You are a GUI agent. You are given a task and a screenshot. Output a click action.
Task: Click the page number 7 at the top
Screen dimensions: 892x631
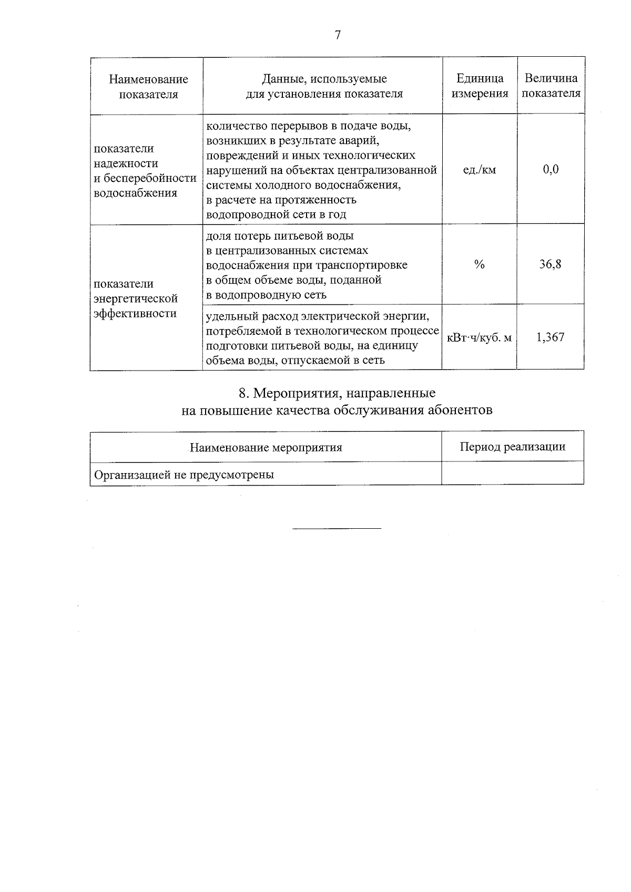[337, 35]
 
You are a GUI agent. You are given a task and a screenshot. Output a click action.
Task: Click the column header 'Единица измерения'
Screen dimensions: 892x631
[480, 86]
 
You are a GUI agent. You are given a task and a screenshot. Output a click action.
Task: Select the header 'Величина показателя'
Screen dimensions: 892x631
[551, 86]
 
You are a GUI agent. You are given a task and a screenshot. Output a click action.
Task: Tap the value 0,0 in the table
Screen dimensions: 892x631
[551, 169]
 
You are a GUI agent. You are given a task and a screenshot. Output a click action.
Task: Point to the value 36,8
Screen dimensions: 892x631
[550, 264]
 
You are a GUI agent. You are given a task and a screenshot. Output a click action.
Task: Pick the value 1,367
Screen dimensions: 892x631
[550, 337]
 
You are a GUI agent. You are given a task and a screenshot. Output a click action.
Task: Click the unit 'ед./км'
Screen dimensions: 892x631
[479, 170]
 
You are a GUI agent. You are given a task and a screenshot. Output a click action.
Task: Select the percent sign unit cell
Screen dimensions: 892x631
[479, 264]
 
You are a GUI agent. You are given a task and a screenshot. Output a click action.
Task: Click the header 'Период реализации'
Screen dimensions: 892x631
[513, 447]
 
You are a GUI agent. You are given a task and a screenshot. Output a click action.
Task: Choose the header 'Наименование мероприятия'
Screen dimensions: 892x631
[266, 448]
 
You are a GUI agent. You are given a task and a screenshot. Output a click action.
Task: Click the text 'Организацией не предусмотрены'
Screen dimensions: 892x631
[184, 475]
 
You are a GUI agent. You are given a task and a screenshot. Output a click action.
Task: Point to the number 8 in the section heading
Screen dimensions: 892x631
[242, 394]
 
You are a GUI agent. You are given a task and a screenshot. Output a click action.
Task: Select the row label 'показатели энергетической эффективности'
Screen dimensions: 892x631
[136, 299]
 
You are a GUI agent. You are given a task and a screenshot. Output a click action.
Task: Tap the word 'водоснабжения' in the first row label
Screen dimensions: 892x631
[135, 193]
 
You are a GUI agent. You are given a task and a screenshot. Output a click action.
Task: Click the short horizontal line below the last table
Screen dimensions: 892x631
[337, 528]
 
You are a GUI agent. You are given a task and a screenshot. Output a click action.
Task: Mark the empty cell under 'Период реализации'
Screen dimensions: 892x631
[513, 473]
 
